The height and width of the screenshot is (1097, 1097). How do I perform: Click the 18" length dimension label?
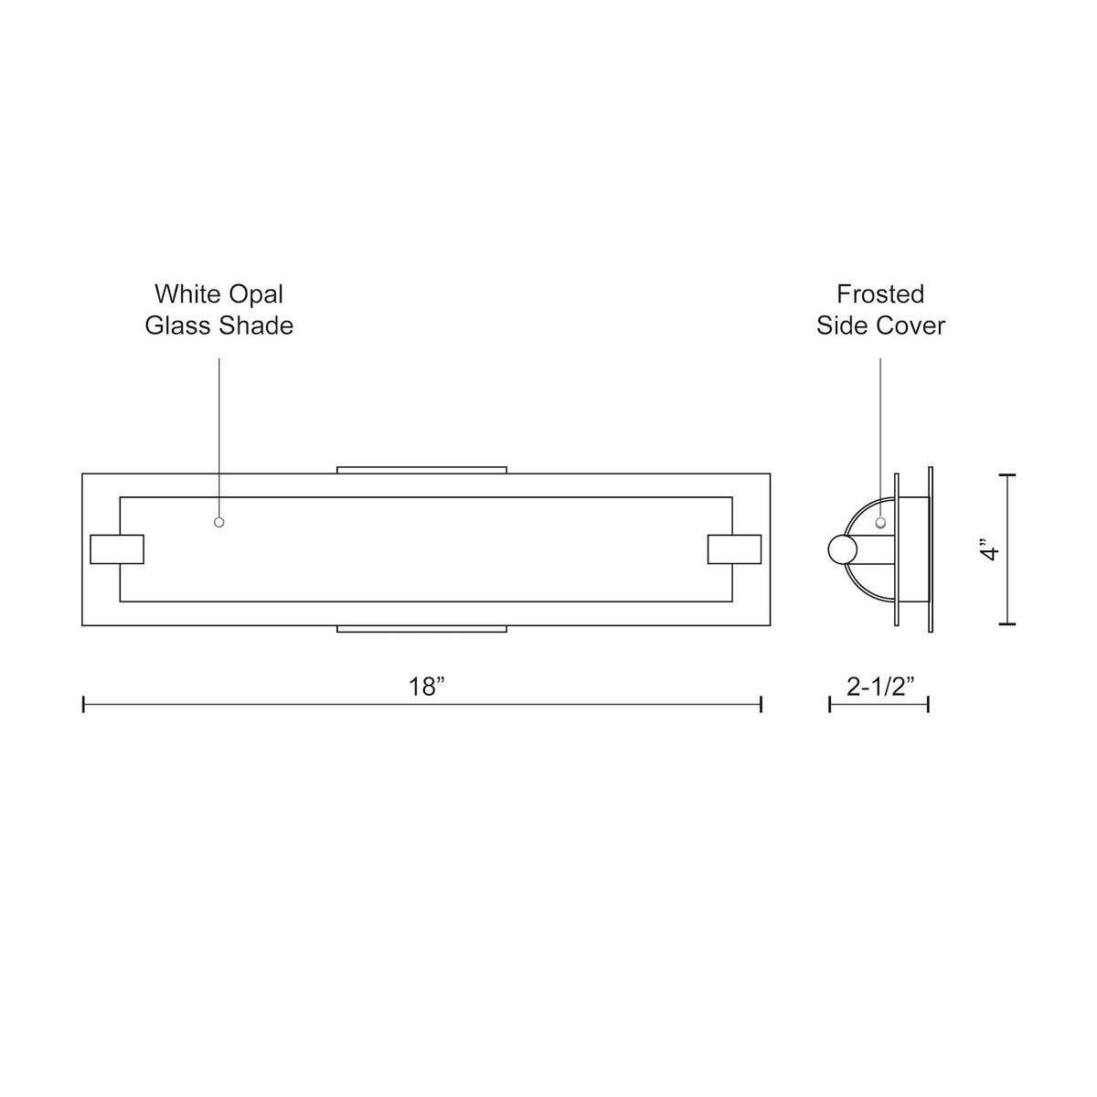pyautogui.click(x=426, y=687)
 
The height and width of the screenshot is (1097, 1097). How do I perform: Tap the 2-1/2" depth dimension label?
pyautogui.click(x=879, y=687)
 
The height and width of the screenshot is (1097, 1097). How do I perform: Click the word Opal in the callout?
pyautogui.click(x=256, y=295)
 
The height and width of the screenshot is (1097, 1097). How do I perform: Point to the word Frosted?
pyautogui.click(x=880, y=294)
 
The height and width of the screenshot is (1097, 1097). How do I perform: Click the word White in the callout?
pyautogui.click(x=188, y=294)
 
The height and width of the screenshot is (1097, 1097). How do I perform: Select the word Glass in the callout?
pyautogui.click(x=179, y=325)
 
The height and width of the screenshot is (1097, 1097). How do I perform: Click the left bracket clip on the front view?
pyautogui.click(x=117, y=548)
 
